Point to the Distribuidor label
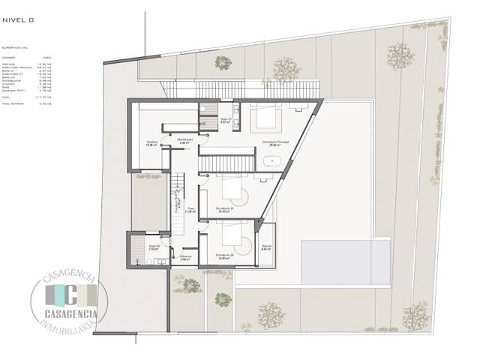pos(185,139)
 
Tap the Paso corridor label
pos(190,209)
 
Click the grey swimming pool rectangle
pos(346,262)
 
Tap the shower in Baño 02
pos(137,248)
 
